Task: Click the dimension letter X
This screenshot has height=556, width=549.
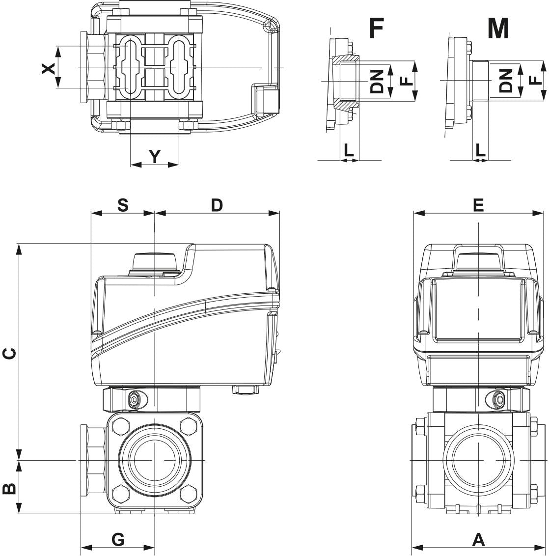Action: click(x=48, y=68)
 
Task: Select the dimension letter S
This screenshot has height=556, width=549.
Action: click(x=123, y=205)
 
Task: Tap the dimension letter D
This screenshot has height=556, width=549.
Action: click(x=217, y=205)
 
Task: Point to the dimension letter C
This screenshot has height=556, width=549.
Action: click(x=9, y=353)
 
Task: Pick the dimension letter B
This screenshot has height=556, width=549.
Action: click(x=9, y=488)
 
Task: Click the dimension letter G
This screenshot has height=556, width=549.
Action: click(x=118, y=539)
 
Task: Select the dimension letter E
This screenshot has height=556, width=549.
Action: click(x=478, y=205)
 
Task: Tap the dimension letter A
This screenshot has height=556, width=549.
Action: click(x=478, y=539)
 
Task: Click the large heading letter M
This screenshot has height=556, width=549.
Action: click(x=498, y=28)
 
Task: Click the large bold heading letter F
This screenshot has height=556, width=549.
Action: click(x=376, y=28)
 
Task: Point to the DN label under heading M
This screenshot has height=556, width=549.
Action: click(x=506, y=80)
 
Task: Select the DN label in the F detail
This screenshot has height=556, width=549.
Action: click(x=377, y=82)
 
